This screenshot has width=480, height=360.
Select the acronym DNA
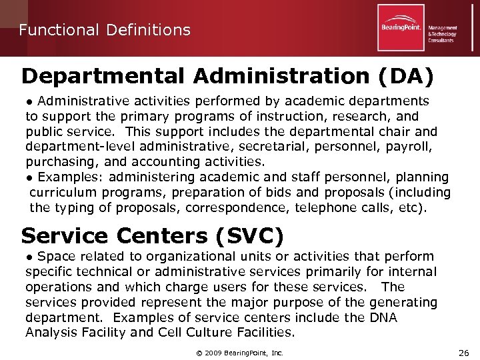pyautogui.click(x=383, y=318)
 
